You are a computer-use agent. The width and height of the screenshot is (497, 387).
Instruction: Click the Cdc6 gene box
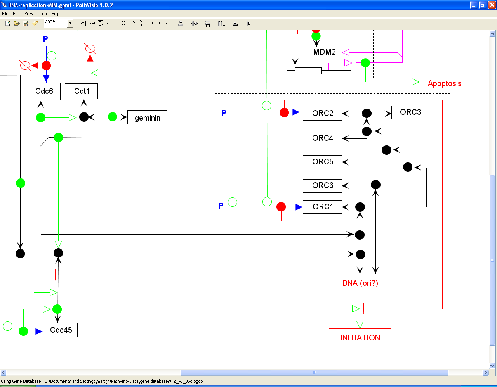(44, 91)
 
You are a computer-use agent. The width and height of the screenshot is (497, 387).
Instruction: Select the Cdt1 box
(81, 91)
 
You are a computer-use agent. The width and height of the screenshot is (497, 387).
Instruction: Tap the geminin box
(147, 117)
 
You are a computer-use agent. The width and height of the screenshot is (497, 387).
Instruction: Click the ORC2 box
(322, 114)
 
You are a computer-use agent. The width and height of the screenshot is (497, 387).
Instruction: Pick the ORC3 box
(410, 112)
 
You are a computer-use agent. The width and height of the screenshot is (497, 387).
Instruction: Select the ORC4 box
(322, 138)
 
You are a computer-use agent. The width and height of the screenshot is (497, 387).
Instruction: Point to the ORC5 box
(322, 162)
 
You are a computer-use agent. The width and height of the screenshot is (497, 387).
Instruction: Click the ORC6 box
(322, 186)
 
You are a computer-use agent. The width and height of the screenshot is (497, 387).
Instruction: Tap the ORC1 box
(322, 207)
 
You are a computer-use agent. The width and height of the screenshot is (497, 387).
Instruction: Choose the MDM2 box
(324, 52)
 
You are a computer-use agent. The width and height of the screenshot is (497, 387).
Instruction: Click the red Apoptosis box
(445, 82)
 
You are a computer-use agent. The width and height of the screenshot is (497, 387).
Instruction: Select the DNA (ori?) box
(360, 282)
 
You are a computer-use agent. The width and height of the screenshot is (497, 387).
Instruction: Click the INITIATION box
(360, 336)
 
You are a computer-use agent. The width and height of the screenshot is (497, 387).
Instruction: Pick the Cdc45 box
(61, 330)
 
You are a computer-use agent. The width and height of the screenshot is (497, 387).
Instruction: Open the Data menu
(42, 14)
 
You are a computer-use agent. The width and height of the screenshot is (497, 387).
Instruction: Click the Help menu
(56, 14)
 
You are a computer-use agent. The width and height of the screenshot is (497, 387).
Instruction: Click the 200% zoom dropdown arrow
(70, 23)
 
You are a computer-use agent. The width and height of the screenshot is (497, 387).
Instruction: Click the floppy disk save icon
(26, 23)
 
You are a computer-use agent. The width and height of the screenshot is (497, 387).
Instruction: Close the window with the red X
(492, 5)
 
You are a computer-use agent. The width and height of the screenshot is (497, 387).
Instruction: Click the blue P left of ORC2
(224, 113)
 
